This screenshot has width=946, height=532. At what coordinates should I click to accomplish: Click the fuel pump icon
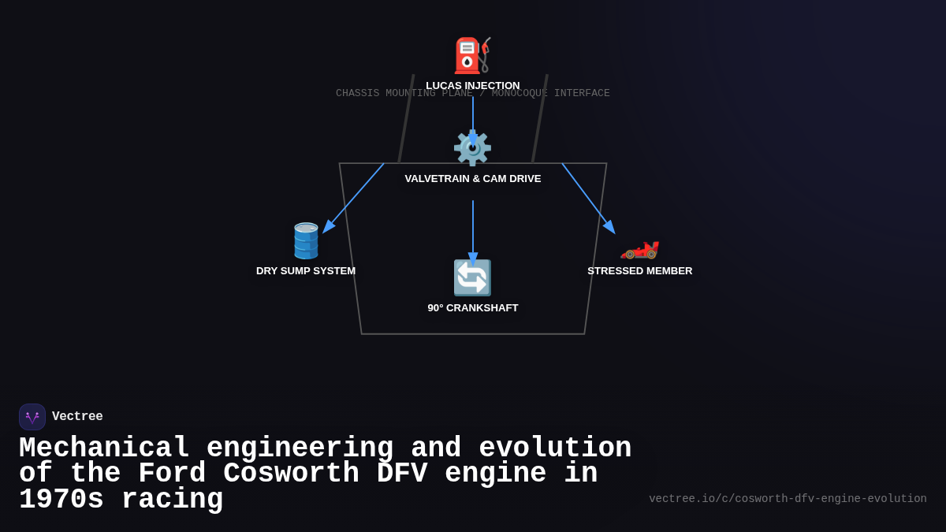tap(472, 55)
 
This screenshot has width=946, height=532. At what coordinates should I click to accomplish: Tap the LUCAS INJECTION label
tap(472, 85)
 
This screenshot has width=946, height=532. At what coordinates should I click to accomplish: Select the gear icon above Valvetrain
tap(472, 148)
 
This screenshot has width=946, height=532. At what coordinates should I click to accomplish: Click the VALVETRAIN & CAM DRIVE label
tap(472, 179)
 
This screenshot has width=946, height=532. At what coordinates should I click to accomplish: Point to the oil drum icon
tap(306, 240)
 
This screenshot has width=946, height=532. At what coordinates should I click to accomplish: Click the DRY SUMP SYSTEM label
tap(306, 271)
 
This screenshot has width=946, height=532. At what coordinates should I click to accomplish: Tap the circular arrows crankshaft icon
tap(472, 277)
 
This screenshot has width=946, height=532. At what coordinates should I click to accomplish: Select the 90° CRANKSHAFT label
tap(472, 308)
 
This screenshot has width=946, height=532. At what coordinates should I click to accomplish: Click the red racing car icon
tap(639, 247)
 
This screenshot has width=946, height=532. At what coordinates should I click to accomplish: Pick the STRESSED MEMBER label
tap(639, 271)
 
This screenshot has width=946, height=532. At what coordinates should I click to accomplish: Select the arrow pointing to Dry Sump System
tap(354, 197)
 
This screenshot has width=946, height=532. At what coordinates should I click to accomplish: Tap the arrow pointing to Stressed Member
tap(587, 197)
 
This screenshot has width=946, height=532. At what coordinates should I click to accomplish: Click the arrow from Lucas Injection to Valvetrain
tap(473, 118)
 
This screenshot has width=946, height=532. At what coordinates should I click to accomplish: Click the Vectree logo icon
tap(32, 417)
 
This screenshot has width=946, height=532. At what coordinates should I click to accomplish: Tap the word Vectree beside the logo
tap(77, 417)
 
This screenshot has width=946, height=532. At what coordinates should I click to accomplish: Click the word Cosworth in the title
tap(291, 474)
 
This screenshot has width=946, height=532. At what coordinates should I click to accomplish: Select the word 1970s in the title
tap(61, 500)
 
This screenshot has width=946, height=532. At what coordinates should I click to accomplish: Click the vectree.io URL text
tap(788, 499)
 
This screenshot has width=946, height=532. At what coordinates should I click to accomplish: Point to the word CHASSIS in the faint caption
tap(357, 94)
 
